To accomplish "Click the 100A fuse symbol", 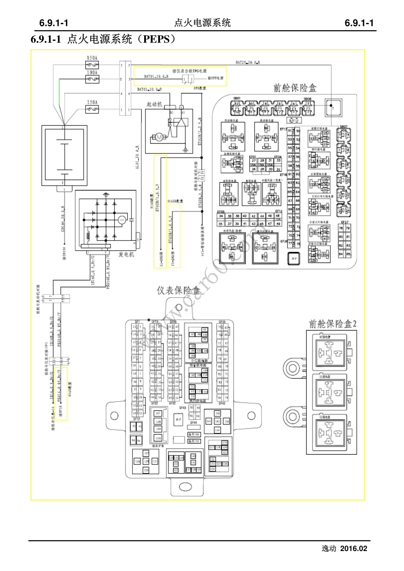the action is (92, 79).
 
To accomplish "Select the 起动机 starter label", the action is (154, 104).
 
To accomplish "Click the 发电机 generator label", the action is (126, 254).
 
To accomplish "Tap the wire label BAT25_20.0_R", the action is (248, 62).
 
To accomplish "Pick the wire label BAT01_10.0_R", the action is (156, 77).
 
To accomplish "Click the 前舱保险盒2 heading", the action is (333, 324).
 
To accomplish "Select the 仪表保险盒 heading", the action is (178, 291).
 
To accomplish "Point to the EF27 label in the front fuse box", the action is (344, 222).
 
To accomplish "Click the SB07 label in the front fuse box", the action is (343, 127).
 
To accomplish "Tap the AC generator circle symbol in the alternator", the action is (122, 220).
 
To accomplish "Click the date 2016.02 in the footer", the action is (354, 548).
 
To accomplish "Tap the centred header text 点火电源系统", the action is (202, 23).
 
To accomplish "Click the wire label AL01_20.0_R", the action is (137, 157).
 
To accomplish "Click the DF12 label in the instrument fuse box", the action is (137, 419).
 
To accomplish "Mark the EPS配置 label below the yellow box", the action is (199, 88).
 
